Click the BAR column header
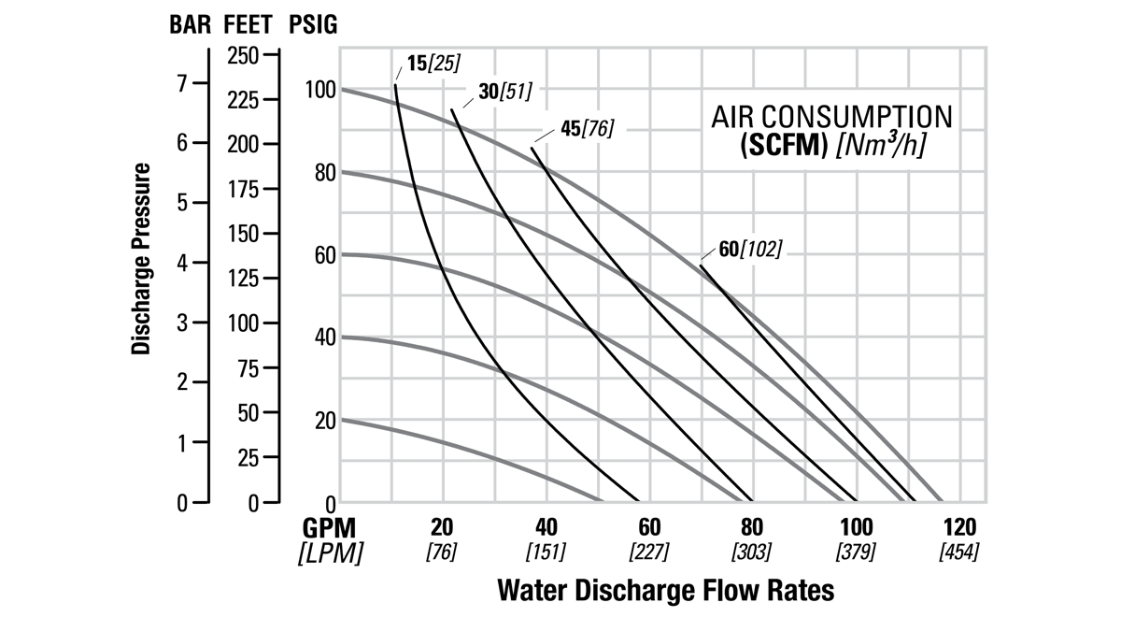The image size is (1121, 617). click(190, 24)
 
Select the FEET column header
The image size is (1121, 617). click(250, 24)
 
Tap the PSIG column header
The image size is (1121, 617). click(313, 24)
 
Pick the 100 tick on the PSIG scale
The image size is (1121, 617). click(319, 90)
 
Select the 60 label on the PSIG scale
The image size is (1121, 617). click(323, 254)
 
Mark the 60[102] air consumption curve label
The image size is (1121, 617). click(750, 249)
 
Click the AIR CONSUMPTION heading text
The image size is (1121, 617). click(832, 118)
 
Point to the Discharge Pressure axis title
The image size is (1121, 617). click(142, 258)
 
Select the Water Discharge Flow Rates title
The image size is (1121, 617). click(666, 591)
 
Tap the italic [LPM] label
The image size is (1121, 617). click(330, 552)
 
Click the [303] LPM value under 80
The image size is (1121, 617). click(752, 552)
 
